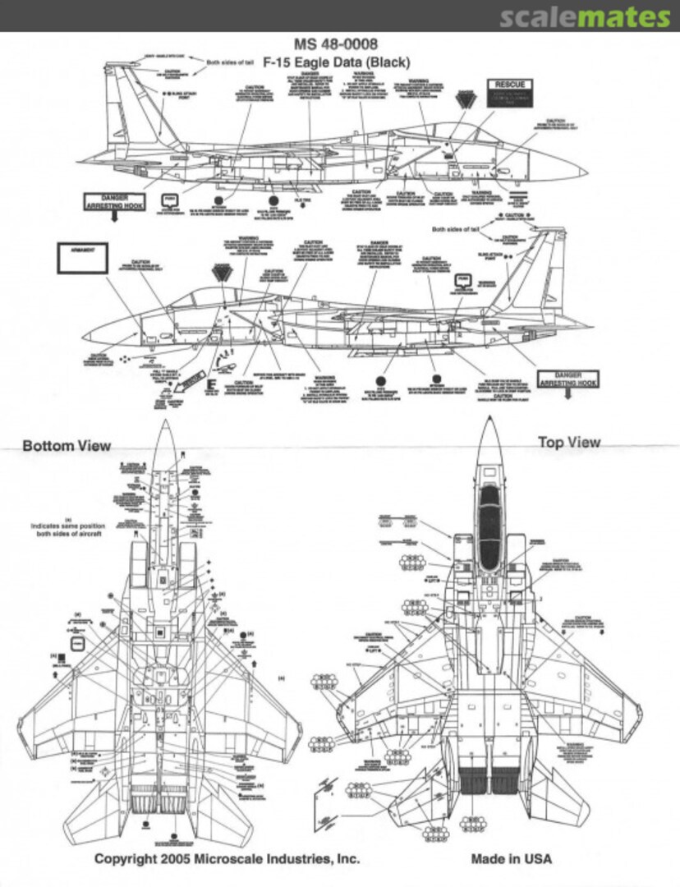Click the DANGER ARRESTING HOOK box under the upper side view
[115, 202]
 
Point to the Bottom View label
[67, 446]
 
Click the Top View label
[568, 442]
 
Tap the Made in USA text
[511, 859]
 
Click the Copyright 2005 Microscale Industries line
[227, 859]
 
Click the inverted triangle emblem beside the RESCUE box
[467, 99]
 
